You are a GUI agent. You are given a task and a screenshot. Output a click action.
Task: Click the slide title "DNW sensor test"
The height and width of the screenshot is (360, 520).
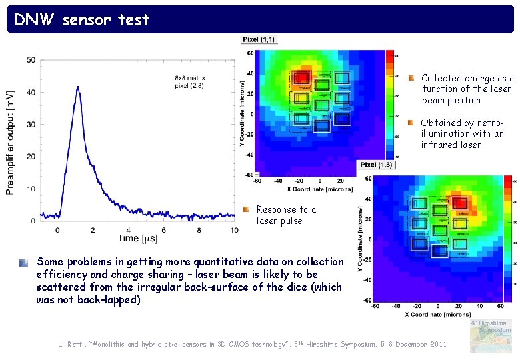82,20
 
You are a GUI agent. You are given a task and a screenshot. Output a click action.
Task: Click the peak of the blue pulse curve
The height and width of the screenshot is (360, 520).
77,87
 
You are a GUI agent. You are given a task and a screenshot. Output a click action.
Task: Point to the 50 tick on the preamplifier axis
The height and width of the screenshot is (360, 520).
31,60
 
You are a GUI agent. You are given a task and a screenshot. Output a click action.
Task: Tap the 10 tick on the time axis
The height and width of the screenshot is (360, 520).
234,230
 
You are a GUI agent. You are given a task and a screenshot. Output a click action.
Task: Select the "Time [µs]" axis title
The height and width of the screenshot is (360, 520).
137,238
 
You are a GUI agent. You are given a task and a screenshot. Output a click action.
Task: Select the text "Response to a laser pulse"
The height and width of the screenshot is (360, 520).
286,215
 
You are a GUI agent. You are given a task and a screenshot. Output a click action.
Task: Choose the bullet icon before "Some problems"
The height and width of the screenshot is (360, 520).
23,262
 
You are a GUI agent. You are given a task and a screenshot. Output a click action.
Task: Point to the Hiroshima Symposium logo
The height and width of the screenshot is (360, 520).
491,336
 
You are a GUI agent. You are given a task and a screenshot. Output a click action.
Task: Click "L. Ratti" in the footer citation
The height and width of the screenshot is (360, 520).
71,343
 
